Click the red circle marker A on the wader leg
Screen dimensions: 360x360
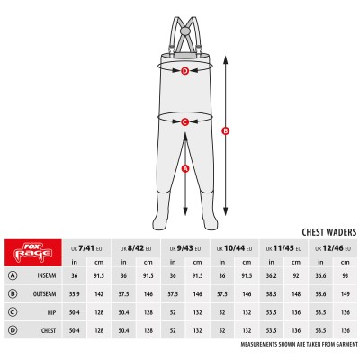tap(184, 168)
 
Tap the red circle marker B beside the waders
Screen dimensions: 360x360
tap(224, 131)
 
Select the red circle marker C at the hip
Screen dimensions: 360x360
tap(184, 121)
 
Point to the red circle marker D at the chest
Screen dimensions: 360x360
tap(184, 70)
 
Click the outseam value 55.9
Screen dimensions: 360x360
tap(75, 293)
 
